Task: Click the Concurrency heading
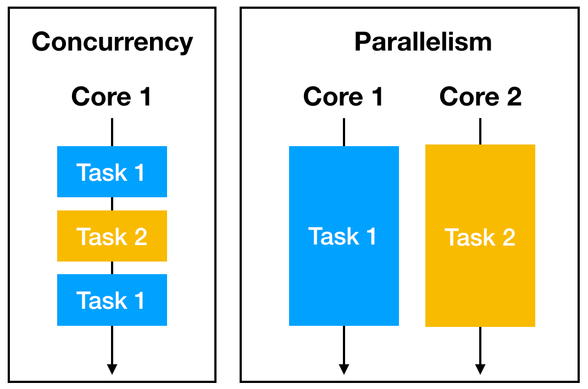[x=112, y=42]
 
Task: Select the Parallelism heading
[x=423, y=42]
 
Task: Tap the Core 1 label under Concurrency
[x=112, y=97]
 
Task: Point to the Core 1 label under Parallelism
[x=343, y=97]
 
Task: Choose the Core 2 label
[x=480, y=97]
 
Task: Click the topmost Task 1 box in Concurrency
[x=112, y=172]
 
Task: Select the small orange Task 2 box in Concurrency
[x=112, y=236]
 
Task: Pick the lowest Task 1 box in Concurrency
[x=112, y=300]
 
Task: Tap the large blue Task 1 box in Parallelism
[x=343, y=236]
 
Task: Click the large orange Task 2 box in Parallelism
[x=480, y=236]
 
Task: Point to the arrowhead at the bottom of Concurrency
[x=112, y=369]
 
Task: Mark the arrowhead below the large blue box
[x=343, y=369]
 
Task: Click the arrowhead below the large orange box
[x=480, y=369]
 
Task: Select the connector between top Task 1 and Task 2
[x=112, y=204]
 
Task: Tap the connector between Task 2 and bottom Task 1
[x=112, y=268]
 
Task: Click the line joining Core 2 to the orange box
[x=480, y=131]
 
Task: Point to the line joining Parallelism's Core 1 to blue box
[x=343, y=132]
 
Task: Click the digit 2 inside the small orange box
[x=140, y=237]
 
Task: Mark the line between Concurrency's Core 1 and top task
[x=112, y=132]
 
